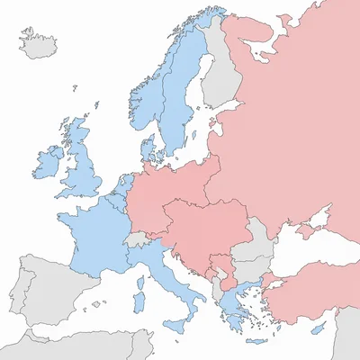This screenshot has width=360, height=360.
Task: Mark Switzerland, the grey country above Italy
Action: (136, 240)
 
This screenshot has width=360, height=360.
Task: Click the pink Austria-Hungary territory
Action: (202, 229)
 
